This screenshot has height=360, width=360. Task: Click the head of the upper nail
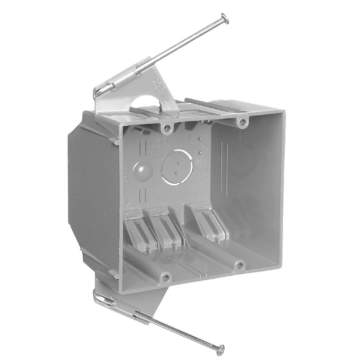pos(224,16)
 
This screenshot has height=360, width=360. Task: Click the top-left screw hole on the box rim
pos(166,127)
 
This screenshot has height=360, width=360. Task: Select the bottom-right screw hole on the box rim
pos(239,266)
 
